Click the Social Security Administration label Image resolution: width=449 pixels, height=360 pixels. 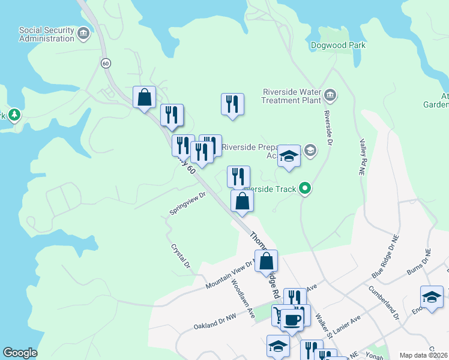[x=46, y=34]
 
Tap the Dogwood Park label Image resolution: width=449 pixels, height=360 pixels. [x=339, y=45]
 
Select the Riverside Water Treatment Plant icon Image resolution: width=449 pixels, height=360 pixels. [x=330, y=95]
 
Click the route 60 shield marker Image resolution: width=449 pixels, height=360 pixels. [x=106, y=62]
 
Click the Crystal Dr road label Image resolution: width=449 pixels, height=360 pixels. [x=181, y=256]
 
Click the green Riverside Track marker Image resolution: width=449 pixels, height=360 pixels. [x=306, y=189]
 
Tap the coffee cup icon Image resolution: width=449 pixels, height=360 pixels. [x=292, y=319]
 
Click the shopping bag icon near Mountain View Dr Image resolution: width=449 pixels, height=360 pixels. [x=267, y=262]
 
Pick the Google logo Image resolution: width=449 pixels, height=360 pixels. [x=20, y=353]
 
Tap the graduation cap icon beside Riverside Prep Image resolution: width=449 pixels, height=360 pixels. [x=289, y=157]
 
